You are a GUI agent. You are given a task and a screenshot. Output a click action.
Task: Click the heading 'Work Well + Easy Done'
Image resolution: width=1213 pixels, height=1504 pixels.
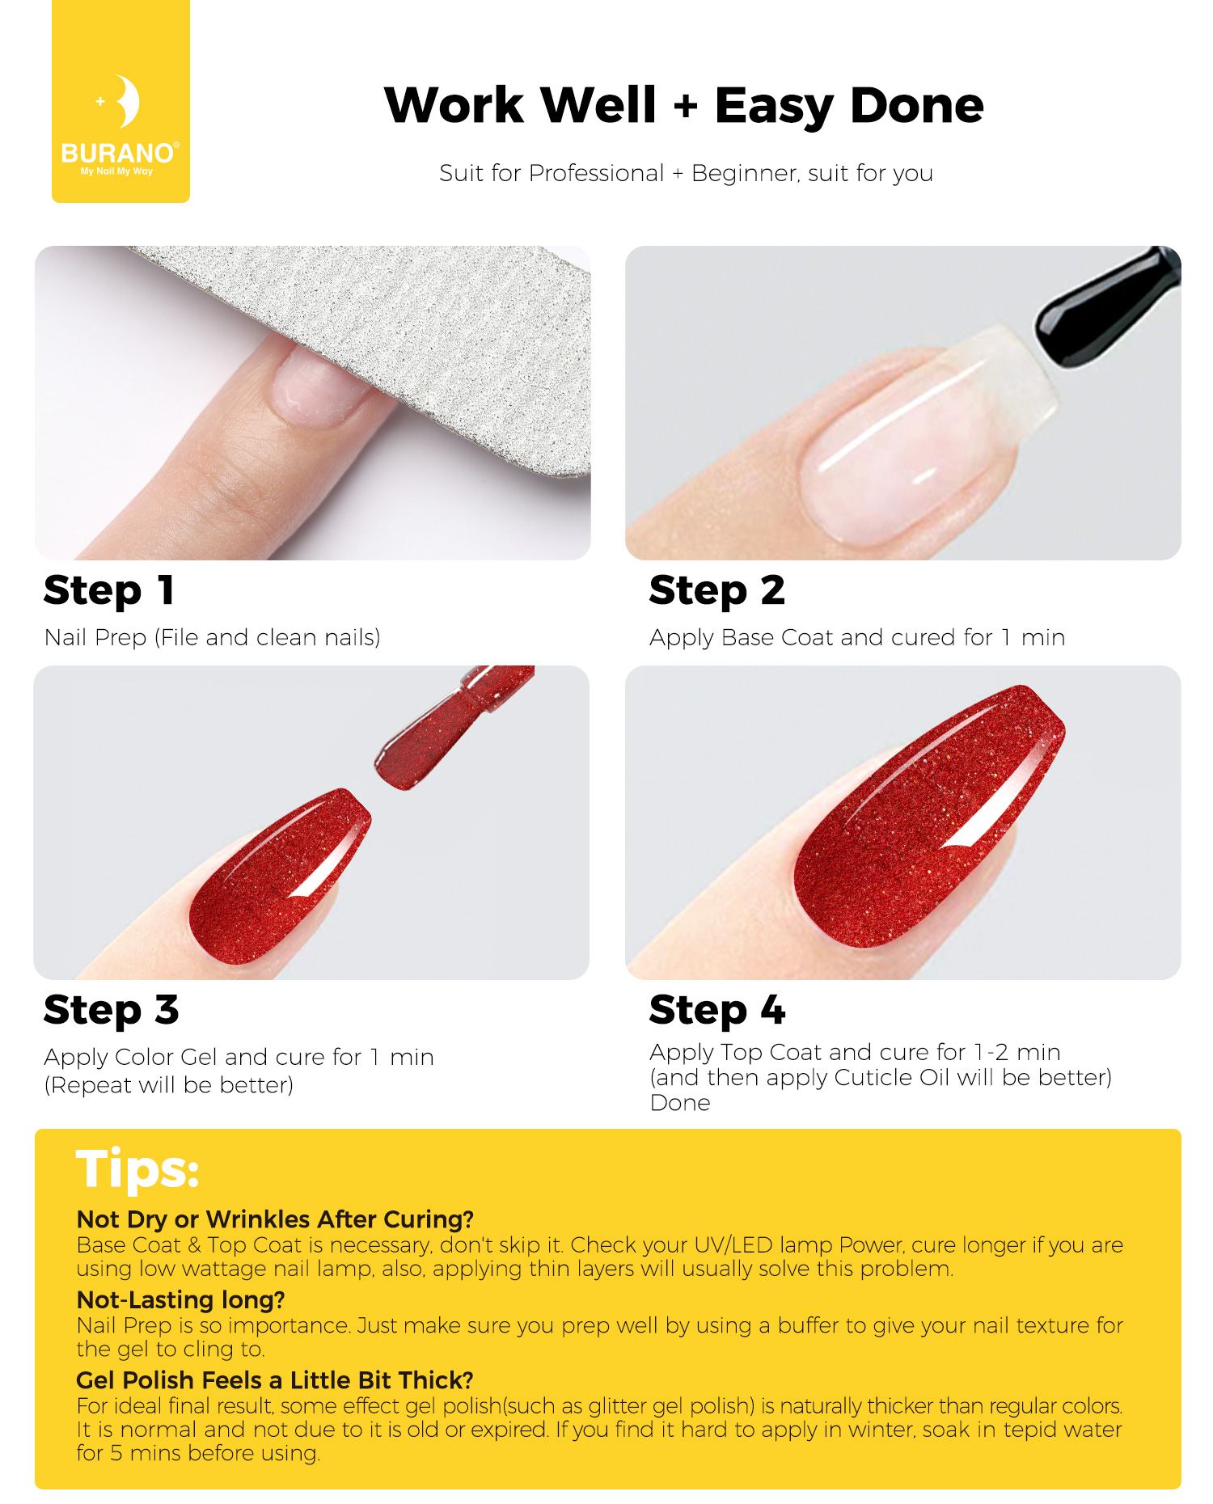pyautogui.click(x=684, y=106)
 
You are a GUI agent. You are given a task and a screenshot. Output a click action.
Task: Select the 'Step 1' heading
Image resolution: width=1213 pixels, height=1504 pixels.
pyautogui.click(x=109, y=590)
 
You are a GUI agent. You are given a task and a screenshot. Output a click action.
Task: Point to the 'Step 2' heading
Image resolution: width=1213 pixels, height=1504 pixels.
pyautogui.click(x=717, y=590)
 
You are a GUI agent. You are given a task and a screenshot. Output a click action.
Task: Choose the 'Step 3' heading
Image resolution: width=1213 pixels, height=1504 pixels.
pyautogui.click(x=112, y=1010)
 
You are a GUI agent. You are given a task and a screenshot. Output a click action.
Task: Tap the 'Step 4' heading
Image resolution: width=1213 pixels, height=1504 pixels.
pyautogui.click(x=717, y=1010)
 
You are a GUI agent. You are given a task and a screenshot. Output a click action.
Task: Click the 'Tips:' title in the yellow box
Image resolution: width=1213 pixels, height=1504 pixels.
pyautogui.click(x=137, y=1169)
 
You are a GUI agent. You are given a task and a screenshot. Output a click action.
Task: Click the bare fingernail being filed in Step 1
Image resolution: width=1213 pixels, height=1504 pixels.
pyautogui.click(x=318, y=388)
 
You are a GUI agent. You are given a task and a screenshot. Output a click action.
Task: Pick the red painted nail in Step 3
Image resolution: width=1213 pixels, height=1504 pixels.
pyautogui.click(x=279, y=877)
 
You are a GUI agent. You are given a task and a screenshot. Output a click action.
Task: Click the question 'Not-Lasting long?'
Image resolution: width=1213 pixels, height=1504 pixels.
pyautogui.click(x=180, y=1299)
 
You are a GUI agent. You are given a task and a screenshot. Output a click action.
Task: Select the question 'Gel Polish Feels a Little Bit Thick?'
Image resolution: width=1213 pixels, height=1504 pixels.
pyautogui.click(x=275, y=1379)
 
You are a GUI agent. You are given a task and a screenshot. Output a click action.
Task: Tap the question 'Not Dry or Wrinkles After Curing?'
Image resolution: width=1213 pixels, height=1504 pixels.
pyautogui.click(x=275, y=1219)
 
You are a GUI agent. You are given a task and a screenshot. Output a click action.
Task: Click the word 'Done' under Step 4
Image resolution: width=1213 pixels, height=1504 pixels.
pyautogui.click(x=680, y=1103)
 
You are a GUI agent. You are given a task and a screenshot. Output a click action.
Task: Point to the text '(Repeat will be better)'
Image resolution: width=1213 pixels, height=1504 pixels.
pyautogui.click(x=169, y=1085)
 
